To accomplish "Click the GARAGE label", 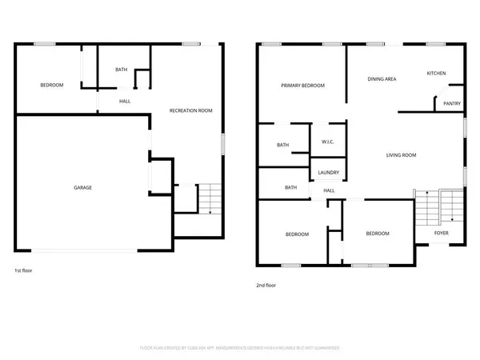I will click(x=83, y=187).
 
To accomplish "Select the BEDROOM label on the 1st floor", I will click(x=52, y=85).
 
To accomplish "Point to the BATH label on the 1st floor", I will click(x=121, y=70).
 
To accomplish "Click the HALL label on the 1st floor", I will click(x=125, y=101).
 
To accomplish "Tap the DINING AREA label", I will click(x=382, y=79).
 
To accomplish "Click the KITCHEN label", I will click(x=436, y=74).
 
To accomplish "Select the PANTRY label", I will click(x=452, y=103).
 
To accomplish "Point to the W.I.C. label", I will click(x=327, y=142).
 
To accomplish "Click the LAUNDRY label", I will click(x=328, y=172).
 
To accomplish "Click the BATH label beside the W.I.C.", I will click(x=282, y=145).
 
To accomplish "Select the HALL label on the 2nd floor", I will click(x=329, y=190).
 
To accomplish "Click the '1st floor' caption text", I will click(x=24, y=271).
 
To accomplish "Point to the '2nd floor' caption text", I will click(x=266, y=284).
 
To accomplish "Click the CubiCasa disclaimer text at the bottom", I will click(x=240, y=348).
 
